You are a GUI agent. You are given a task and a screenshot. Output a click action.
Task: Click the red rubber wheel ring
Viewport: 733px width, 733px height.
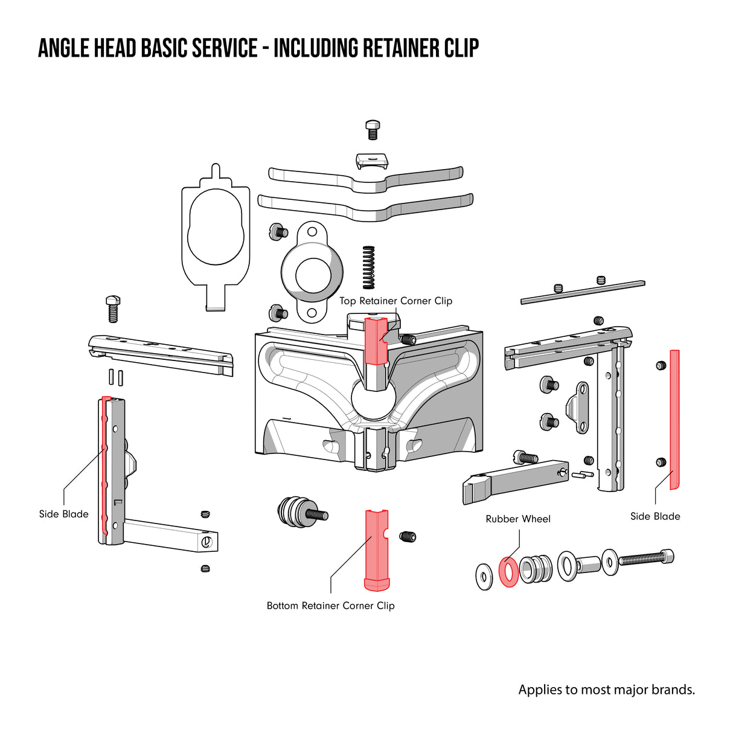509,572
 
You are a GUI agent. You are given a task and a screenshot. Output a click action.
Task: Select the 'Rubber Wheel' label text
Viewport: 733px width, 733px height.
518,519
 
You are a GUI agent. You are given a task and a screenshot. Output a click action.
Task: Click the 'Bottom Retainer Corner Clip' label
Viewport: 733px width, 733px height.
330,606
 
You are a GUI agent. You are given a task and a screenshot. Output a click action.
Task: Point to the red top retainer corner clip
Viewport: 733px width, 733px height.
376,342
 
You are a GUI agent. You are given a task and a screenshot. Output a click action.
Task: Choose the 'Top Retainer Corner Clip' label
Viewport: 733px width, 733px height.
395,301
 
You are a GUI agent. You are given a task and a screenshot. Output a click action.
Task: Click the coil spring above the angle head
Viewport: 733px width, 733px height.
368,267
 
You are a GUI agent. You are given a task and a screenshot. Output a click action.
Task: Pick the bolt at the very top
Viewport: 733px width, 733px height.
373,130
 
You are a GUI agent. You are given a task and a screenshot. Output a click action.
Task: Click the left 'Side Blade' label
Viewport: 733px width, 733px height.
63,514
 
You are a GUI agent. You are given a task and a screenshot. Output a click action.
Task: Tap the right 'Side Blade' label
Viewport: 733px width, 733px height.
655,516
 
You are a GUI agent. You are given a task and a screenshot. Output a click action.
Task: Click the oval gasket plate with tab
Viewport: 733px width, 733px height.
216,235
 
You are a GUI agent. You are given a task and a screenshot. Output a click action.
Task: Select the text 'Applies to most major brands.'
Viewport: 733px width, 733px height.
606,690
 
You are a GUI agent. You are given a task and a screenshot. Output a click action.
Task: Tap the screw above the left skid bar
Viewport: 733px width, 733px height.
113,308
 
